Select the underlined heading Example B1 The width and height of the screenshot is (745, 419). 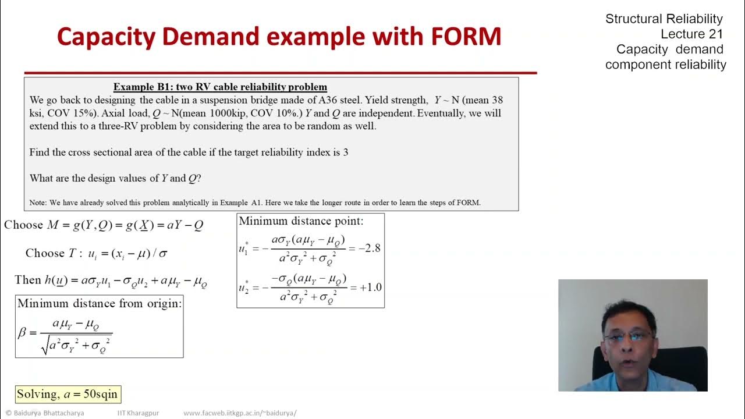coord(220,87)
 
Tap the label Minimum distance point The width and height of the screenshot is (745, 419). coord(301,221)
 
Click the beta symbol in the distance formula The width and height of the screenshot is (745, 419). coord(23,332)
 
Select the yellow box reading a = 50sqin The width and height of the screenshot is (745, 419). coord(68,394)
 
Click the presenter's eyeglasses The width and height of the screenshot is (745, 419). coord(629,336)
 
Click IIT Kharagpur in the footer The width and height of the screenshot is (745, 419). coord(138,413)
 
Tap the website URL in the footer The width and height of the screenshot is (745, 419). coord(240,413)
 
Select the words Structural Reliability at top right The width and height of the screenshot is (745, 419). coord(664,19)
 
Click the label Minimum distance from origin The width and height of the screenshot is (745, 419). coord(100,303)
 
